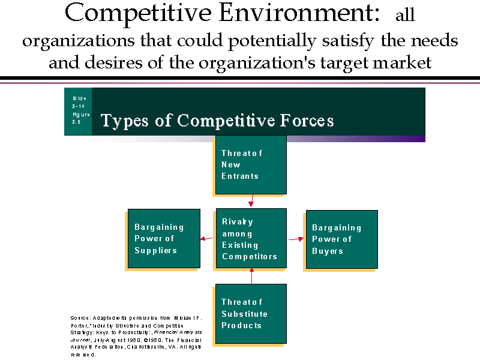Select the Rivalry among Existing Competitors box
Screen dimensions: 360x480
coord(251,238)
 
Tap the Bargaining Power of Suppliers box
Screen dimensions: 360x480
coord(164,238)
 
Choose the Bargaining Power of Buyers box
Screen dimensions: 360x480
coord(342,239)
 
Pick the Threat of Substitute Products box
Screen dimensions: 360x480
coord(251,313)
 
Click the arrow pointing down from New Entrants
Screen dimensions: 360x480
coord(251,200)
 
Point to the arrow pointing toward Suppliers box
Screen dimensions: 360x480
coord(206,239)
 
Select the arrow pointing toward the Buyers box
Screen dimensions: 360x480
coord(296,239)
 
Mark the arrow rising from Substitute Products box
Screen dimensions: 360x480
coord(251,275)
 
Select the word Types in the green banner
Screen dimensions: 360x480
coord(124,121)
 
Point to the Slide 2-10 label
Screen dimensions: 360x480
coord(79,102)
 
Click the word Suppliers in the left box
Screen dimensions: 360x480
coord(155,250)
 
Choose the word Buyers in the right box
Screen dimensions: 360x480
coord(328,251)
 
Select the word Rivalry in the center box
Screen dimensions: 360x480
coord(238,222)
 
